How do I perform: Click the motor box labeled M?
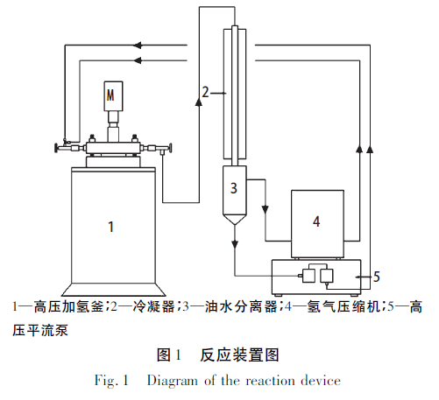coord(113,95)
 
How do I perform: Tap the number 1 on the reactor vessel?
coord(111,227)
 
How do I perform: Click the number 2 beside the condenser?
coord(206,92)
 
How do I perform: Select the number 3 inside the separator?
coord(234,188)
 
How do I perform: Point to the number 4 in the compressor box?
coord(316,221)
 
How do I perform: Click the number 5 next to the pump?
coord(377,277)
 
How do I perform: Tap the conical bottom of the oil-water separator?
coord(235,220)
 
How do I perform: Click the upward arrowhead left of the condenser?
coord(199,102)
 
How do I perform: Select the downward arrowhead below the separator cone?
coord(235,244)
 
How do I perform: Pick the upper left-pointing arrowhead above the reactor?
coord(138,45)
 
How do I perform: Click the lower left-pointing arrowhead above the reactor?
coord(138,60)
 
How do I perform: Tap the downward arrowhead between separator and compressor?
coord(266,210)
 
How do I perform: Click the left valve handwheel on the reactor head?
coord(56,148)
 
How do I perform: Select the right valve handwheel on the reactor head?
coord(170,148)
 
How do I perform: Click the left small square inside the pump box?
coord(308,276)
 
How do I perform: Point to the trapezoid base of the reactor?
coord(113,290)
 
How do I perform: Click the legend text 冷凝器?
coord(154,307)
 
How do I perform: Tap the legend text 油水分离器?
coord(241,307)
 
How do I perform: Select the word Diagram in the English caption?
coord(173,381)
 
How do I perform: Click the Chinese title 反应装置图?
coord(239,355)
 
